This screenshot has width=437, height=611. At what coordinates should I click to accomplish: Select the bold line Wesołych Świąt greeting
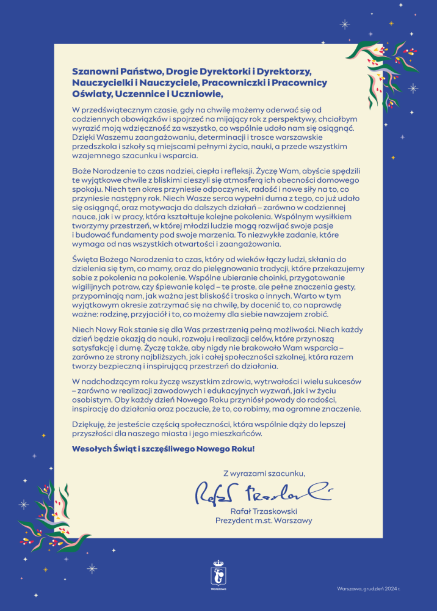point(163,448)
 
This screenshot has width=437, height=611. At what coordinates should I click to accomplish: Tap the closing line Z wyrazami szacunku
point(264,472)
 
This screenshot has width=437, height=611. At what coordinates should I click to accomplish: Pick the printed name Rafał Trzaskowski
point(264,511)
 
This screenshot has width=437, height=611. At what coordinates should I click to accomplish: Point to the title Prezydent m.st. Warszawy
point(264,521)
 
